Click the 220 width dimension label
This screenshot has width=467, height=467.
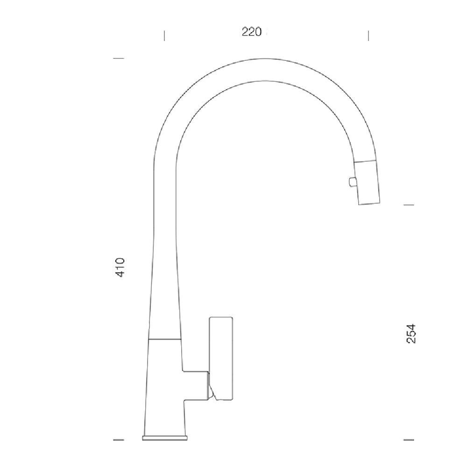tap(252, 32)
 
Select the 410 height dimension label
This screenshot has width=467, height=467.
tap(120, 268)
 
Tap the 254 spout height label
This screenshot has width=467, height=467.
tap(411, 333)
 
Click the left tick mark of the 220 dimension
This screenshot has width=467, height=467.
tap(164, 35)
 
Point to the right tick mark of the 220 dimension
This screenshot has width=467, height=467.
tap(368, 35)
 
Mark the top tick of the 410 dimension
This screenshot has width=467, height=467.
tap(119, 58)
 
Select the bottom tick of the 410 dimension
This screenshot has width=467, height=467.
tap(119, 439)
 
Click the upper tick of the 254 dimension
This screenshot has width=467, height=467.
tap(409, 205)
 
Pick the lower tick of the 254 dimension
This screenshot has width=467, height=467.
tap(409, 439)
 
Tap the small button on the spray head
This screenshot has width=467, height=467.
tap(352, 182)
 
